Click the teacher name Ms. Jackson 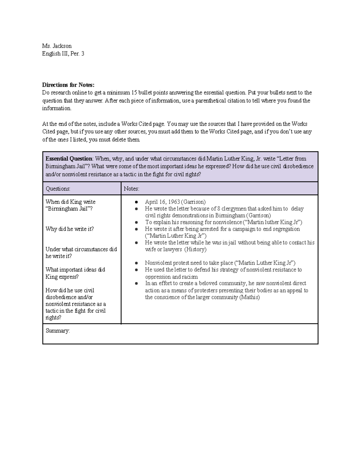click(57, 46)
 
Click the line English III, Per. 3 click(63, 54)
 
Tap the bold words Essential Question click(69, 159)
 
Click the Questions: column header click(58, 189)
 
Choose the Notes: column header click(131, 189)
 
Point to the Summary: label click(58, 331)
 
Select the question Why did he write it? click(70, 229)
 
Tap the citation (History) click(195, 249)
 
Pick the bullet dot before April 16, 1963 click(137, 202)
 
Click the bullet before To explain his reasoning click(137, 222)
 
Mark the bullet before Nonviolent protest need click(137, 263)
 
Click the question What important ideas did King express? click(75, 273)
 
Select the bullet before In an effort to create click(137, 283)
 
